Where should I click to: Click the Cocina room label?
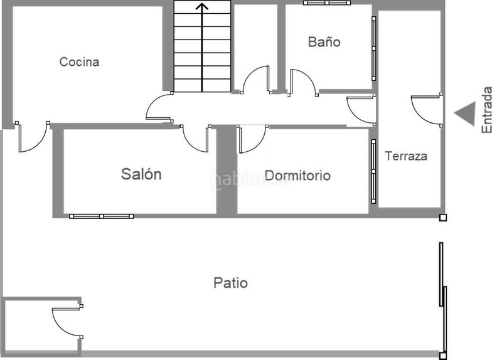[x=79, y=62]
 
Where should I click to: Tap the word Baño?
[x=324, y=42]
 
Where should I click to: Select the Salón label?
[x=141, y=174]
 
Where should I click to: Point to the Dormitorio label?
[x=297, y=176]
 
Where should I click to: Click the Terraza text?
[x=406, y=156]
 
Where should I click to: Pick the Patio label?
[x=230, y=283]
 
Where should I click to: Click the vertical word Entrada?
[x=487, y=109]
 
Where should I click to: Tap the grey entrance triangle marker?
[x=465, y=114]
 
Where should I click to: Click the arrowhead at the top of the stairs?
[x=201, y=7]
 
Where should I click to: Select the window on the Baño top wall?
[x=326, y=3]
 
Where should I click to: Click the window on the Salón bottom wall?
[x=101, y=216]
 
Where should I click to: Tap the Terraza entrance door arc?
[x=426, y=110]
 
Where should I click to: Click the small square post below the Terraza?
[x=443, y=218]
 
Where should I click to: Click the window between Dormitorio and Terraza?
[x=373, y=166]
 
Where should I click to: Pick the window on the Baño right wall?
[x=374, y=48]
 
